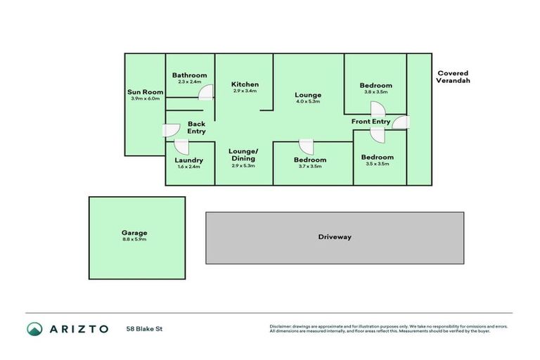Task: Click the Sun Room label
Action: pos(145,92)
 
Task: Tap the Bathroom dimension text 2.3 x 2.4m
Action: pos(189,82)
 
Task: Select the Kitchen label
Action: pos(245,84)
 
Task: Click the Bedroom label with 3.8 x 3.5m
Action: pos(375,86)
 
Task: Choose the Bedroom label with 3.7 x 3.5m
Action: pos(309,160)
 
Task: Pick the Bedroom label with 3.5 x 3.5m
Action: pos(377,157)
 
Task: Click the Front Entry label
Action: pos(371,122)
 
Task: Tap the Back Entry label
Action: pos(196,127)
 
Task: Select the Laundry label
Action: pos(188,160)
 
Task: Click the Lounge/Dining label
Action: pos(244,155)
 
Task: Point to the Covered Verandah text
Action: pos(453,77)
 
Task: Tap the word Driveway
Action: pos(334,237)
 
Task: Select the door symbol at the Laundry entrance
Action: pos(181,147)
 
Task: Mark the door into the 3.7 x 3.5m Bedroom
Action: pos(306,146)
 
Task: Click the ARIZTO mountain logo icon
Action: pos(35,328)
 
